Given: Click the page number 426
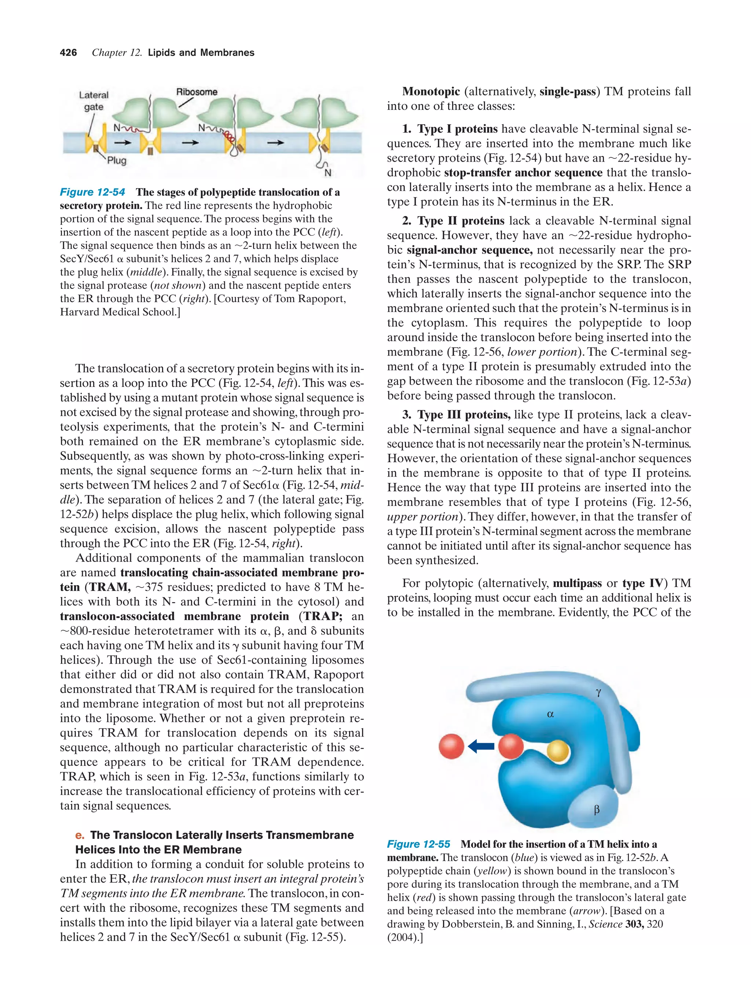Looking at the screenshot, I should [x=68, y=53].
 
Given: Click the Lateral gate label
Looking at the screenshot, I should [x=94, y=101].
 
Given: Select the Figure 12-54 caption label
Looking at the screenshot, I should [x=92, y=192].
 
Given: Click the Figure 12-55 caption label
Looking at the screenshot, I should [x=418, y=844].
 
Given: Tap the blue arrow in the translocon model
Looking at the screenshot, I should [x=481, y=745].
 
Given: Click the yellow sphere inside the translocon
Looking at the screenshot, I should [x=557, y=751].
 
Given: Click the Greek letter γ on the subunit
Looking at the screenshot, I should [x=598, y=692].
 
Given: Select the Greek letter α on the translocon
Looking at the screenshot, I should [x=550, y=714].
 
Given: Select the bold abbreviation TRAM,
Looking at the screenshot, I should [x=110, y=587].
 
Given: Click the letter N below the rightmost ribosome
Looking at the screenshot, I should [x=327, y=173].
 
